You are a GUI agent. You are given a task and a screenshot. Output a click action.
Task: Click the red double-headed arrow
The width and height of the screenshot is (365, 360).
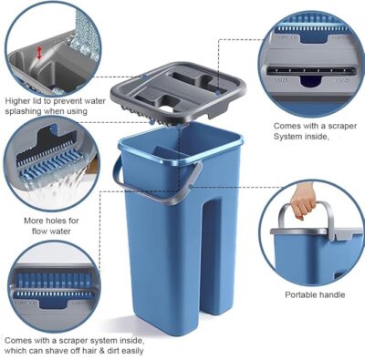(39, 53)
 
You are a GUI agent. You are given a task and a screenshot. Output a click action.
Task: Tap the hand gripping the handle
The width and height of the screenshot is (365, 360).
(303, 203)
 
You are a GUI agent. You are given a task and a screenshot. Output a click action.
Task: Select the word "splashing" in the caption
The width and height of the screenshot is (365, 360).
(23, 111)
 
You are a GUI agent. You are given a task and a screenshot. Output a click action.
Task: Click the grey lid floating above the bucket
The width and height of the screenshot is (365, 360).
(179, 90)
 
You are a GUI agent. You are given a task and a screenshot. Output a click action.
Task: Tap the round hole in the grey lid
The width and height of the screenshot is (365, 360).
(168, 108)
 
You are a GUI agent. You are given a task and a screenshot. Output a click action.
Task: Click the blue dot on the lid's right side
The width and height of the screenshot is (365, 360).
(218, 93)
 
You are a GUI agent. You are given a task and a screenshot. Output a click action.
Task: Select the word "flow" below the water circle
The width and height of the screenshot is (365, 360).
(39, 231)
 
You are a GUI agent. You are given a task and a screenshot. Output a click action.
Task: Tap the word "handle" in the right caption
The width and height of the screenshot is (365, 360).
(332, 294)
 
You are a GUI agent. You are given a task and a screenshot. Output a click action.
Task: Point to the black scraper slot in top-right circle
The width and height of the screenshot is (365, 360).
(311, 71)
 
